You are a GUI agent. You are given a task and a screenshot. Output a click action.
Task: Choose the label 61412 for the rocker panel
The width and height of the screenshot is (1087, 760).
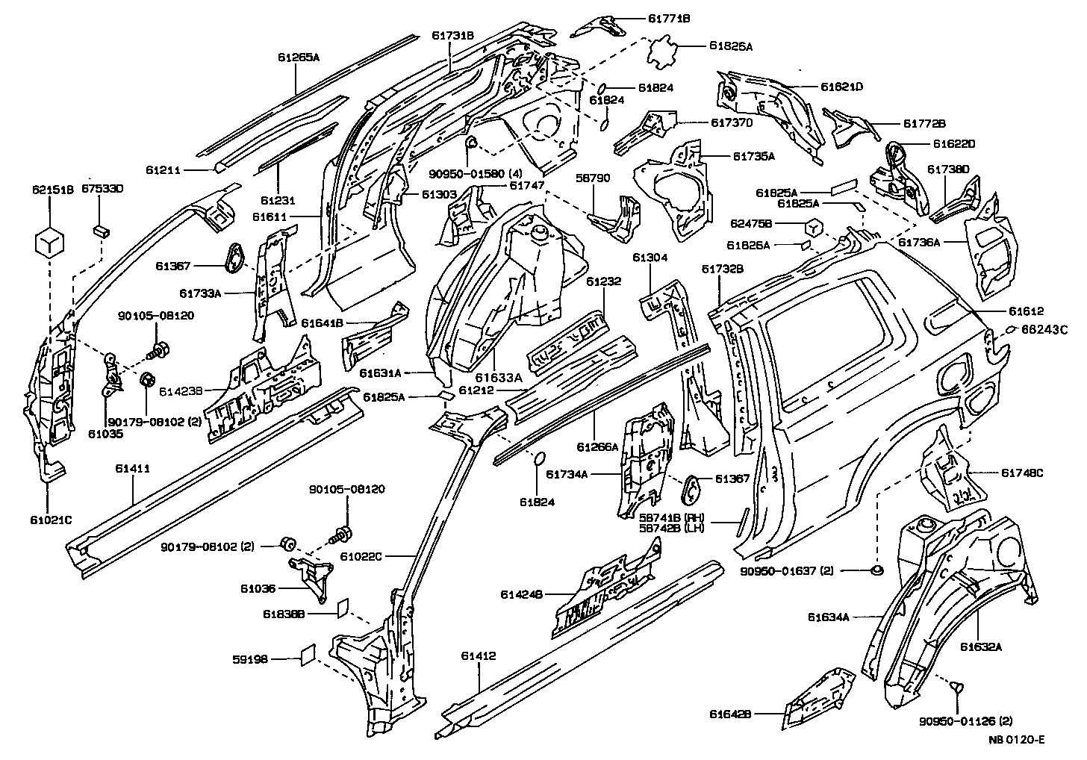(x=479, y=655)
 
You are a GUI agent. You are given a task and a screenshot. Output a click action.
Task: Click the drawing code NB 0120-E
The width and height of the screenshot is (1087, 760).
(x=1016, y=740)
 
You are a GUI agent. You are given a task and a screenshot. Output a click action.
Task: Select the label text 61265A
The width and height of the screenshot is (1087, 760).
(x=298, y=57)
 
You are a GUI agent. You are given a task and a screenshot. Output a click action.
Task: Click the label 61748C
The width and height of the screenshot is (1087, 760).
(x=1021, y=472)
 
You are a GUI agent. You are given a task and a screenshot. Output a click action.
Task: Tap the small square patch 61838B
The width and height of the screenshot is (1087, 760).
(x=342, y=608)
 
